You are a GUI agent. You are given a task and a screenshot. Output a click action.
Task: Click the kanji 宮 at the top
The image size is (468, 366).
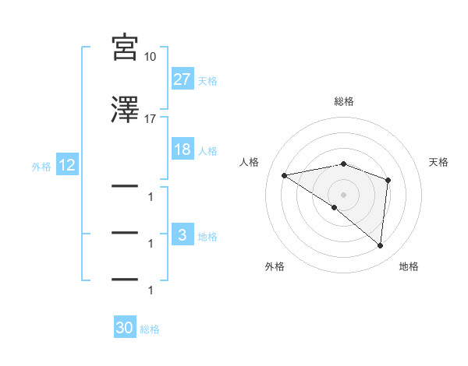coord(125,48)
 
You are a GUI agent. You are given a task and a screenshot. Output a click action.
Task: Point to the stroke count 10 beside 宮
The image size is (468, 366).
coord(151,57)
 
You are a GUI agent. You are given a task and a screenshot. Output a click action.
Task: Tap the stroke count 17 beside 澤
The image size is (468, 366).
coord(151,119)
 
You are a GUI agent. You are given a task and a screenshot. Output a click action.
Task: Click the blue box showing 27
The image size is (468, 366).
coord(183,79)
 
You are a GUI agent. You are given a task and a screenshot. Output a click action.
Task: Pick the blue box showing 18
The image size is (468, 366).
coord(183,150)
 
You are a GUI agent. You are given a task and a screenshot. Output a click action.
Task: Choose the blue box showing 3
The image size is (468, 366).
coord(183,235)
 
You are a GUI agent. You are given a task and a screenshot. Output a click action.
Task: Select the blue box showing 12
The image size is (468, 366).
coord(66,165)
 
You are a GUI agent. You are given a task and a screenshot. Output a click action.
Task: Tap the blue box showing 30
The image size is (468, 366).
coord(125,329)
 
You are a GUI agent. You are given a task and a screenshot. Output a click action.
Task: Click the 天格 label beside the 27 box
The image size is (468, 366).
coord(207,80)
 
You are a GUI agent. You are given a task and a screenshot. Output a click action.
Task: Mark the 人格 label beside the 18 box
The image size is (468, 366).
coord(207,150)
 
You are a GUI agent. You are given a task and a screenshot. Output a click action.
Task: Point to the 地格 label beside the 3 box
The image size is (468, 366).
coord(207,236)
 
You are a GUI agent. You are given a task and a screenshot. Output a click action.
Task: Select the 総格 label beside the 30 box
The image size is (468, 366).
coord(150,329)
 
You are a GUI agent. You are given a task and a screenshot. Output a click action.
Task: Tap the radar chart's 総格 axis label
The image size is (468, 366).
coord(344,101)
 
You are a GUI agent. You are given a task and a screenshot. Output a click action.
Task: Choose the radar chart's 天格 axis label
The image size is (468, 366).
coord(439,162)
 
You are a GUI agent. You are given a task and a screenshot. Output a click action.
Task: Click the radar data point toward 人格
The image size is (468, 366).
coord(285,175)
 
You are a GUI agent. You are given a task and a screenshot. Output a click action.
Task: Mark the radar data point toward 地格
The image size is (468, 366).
coord(381,246)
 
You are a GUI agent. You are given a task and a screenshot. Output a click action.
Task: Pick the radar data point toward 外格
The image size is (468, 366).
coord(335,208)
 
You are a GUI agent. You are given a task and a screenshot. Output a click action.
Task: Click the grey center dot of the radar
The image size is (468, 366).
coord(344,194)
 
